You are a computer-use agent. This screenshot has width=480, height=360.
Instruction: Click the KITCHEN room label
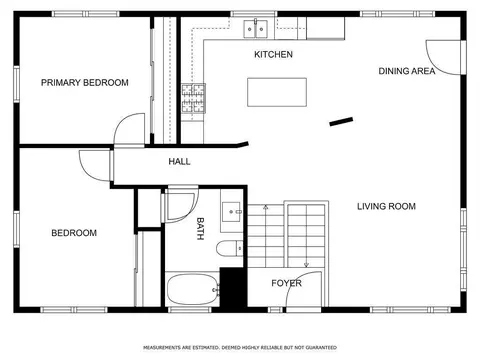coord(273,54)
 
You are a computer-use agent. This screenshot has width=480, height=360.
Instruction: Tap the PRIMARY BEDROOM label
coord(85,82)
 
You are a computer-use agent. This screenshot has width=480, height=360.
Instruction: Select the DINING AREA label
coord(407,71)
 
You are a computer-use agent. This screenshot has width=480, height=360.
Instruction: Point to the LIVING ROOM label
coord(386,206)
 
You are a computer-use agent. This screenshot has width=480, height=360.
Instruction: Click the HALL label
coord(179,162)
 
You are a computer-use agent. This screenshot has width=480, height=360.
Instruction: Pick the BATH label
coord(200,229)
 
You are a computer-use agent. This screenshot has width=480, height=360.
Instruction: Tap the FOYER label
coord(286,283)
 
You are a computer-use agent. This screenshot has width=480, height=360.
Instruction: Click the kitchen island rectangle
coord(277,92)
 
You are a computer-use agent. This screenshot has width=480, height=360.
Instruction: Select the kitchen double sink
coord(256,29)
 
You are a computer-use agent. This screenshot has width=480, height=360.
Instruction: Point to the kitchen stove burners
coord(193,98)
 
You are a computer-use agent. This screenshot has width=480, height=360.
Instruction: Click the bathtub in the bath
coord(193,290)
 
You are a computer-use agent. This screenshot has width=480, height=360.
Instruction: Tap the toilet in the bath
coord(230,249)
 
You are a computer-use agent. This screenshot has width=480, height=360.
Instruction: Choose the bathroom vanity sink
coord(231,212)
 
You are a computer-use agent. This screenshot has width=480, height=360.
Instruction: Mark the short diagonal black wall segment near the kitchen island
coord(341,121)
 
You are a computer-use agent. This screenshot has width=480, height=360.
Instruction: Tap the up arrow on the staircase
coord(266,207)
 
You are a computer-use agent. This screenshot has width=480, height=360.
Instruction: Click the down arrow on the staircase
coord(306,265)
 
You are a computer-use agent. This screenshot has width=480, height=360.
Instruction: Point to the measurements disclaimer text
coord(240,348)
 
